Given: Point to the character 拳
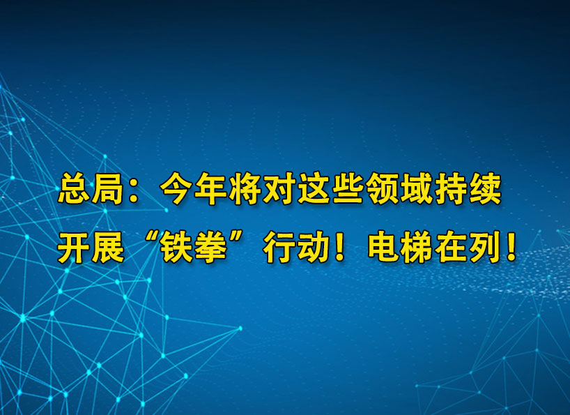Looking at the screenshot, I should [x=208, y=248].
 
